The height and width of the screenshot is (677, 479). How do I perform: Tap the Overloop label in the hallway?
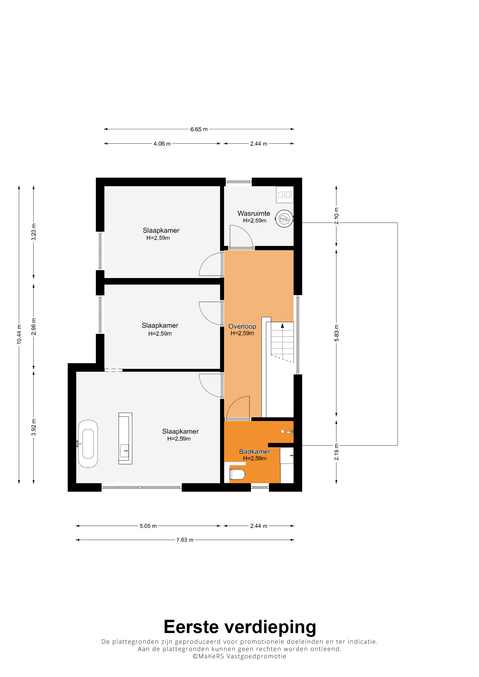(x=242, y=326)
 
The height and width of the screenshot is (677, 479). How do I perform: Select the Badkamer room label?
(x=254, y=451)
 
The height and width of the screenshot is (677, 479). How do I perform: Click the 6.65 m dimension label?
(x=199, y=129)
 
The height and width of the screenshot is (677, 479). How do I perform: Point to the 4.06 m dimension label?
(x=162, y=144)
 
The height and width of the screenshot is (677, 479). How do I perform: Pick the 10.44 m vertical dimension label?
(x=19, y=334)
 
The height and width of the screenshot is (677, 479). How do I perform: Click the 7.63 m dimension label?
(x=185, y=540)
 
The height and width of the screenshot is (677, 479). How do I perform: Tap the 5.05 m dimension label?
(x=148, y=526)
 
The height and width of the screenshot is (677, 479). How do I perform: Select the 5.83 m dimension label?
(x=336, y=333)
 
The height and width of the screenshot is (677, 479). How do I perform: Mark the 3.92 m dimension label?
(x=34, y=427)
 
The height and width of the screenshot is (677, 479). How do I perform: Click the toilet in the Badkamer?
(x=237, y=474)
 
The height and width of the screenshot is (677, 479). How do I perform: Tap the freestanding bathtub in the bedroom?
(x=88, y=443)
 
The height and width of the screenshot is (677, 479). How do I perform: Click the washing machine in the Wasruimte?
(x=285, y=195)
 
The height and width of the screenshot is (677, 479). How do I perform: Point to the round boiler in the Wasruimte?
(x=284, y=219)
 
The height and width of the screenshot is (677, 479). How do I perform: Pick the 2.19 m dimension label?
(x=336, y=452)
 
